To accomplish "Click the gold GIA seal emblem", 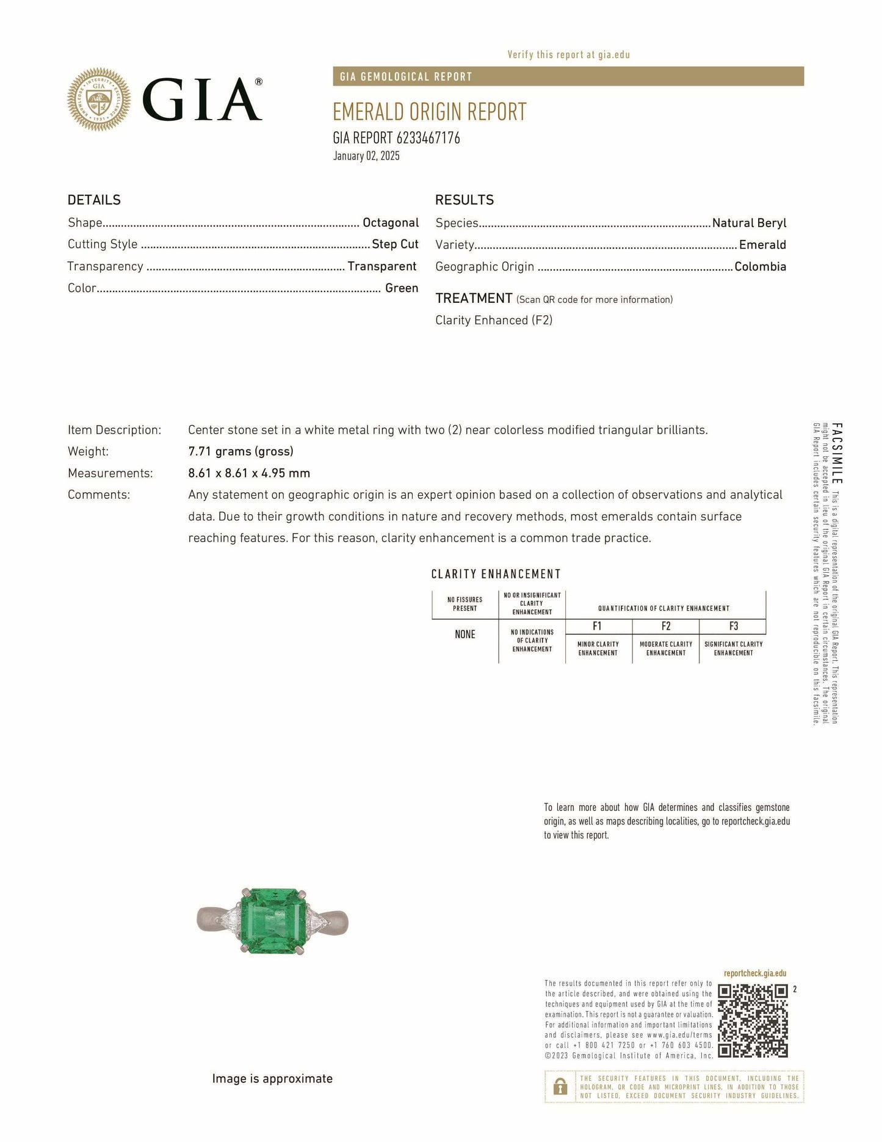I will [x=98, y=99].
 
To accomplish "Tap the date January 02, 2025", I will [x=366, y=156].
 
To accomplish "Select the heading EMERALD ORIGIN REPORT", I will [x=429, y=112].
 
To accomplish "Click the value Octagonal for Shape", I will [x=391, y=223].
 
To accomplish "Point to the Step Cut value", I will [x=395, y=244].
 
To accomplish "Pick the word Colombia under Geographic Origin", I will [x=760, y=266].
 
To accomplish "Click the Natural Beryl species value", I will [x=749, y=223].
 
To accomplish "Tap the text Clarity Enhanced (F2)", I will [x=494, y=320].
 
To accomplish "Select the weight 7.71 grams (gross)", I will [x=240, y=451].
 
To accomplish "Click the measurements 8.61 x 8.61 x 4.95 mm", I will [x=249, y=473].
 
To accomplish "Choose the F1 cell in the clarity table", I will [x=598, y=626].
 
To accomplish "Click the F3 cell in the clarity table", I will [x=733, y=626].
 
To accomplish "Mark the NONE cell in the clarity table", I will [x=464, y=635].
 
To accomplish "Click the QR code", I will [x=753, y=1020].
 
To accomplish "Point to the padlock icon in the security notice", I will [x=559, y=1086].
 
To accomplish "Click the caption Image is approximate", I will [x=272, y=1078].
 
